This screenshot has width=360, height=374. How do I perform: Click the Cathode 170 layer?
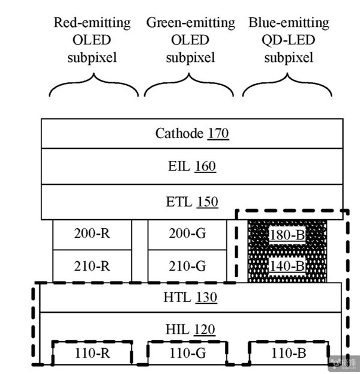tap(191, 133)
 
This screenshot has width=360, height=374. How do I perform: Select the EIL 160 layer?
tap(191, 166)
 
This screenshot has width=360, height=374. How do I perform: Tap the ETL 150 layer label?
tap(191, 202)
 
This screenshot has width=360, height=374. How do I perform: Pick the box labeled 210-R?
tap(92, 265)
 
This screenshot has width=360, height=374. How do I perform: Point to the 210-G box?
tap(187, 265)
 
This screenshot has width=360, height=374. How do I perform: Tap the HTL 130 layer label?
tap(190, 297)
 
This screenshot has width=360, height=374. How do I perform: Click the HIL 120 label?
tap(190, 329)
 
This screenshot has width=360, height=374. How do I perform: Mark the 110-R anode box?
tap(92, 353)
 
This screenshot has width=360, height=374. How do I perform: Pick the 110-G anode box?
tap(187, 353)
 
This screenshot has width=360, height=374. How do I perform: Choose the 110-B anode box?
tap(287, 353)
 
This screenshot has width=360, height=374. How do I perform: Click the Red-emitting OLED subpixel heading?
tap(92, 41)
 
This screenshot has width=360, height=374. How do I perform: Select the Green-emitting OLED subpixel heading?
tap(190, 41)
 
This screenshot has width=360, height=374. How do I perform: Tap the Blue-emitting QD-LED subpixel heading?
tap(289, 41)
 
